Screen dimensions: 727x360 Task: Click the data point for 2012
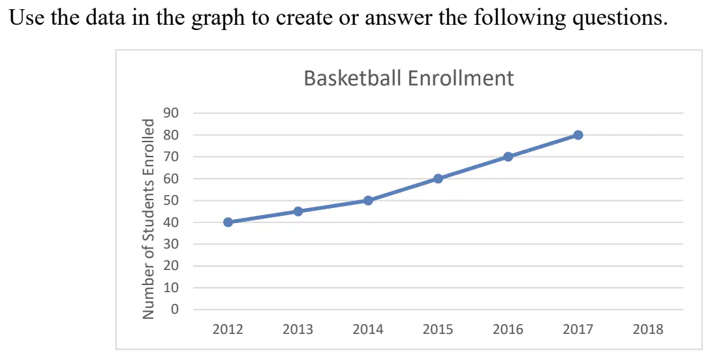pyautogui.click(x=228, y=222)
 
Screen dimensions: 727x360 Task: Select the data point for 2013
pyautogui.click(x=298, y=211)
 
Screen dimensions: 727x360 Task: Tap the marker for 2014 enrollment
pyautogui.click(x=368, y=201)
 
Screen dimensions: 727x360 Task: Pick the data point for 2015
pyautogui.click(x=438, y=179)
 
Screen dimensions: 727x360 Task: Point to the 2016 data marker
pyautogui.click(x=508, y=157)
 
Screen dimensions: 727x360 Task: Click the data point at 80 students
pyautogui.click(x=578, y=135)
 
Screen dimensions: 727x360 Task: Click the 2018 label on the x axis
pyautogui.click(x=648, y=330)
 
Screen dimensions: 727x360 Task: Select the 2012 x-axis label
pyautogui.click(x=228, y=330)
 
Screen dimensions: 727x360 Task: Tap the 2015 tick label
pyautogui.click(x=438, y=330)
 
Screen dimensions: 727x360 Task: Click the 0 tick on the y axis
pyautogui.click(x=175, y=310)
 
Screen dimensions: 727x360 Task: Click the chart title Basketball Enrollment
pyautogui.click(x=409, y=78)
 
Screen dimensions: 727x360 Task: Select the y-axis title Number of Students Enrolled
pyautogui.click(x=148, y=219)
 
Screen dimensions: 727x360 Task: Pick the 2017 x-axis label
pyautogui.click(x=578, y=330)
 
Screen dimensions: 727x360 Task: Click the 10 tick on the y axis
pyautogui.click(x=172, y=288)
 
